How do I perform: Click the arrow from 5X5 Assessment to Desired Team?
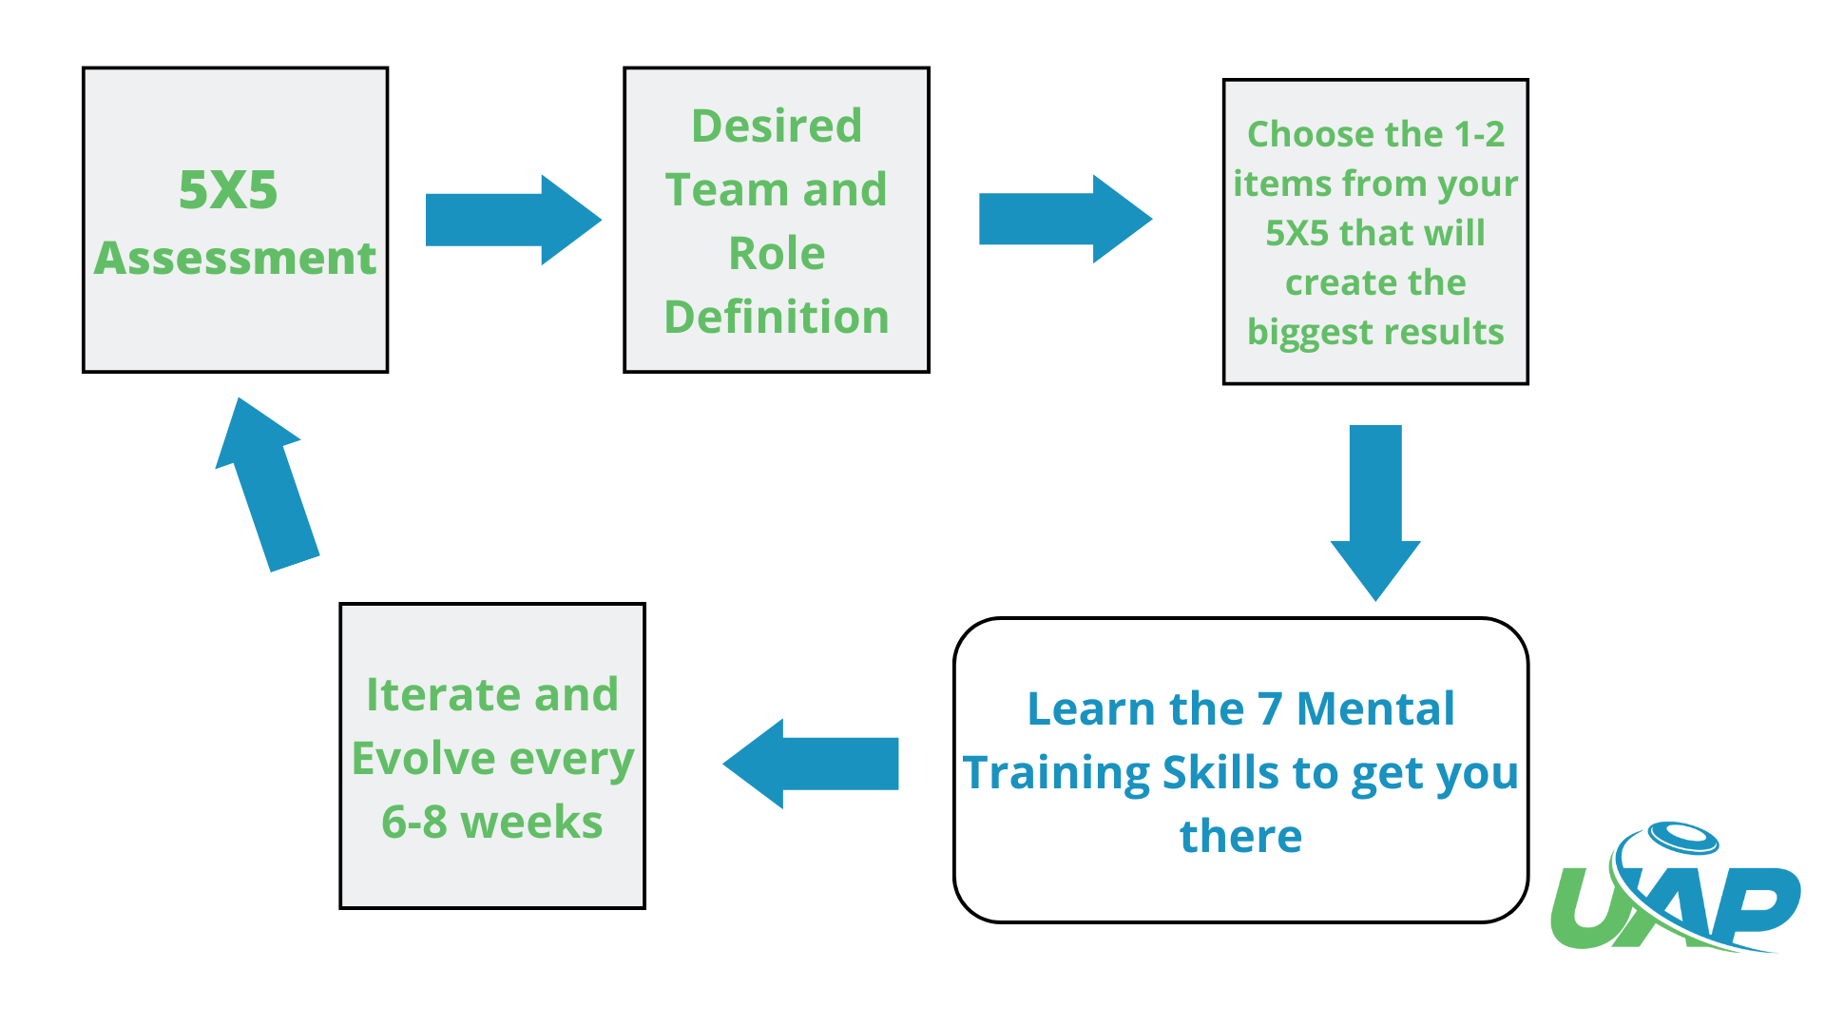pyautogui.click(x=513, y=220)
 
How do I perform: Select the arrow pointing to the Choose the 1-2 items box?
pyautogui.click(x=1066, y=219)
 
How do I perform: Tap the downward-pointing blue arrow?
pyautogui.click(x=1375, y=513)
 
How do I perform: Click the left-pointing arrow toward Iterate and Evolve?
pyautogui.click(x=811, y=764)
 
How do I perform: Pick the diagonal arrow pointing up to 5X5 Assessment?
pyautogui.click(x=267, y=485)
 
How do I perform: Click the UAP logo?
pyautogui.click(x=1675, y=887)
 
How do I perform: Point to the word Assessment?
pyautogui.click(x=235, y=258)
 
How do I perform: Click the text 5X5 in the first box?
pyautogui.click(x=228, y=189)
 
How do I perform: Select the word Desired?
pyautogui.click(x=777, y=126)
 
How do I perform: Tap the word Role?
pyautogui.click(x=777, y=253)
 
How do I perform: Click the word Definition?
pyautogui.click(x=777, y=317)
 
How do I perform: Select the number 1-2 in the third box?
pyautogui.click(x=1479, y=134)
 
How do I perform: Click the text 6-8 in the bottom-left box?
pyautogui.click(x=414, y=823)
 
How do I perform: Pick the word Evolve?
pyautogui.click(x=423, y=759)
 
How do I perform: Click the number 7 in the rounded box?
pyautogui.click(x=1270, y=709)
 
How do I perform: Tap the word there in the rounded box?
pyautogui.click(x=1240, y=837)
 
